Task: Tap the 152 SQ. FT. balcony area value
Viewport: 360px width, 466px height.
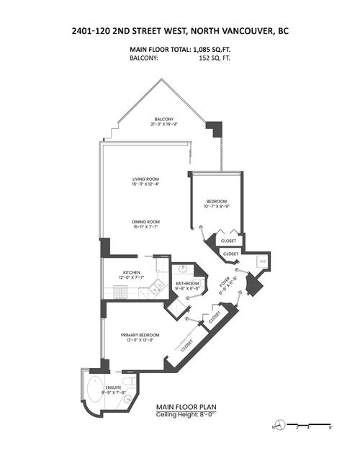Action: coord(208,59)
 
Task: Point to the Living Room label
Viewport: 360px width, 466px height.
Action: coord(145,181)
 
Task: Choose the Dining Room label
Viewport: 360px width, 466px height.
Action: coord(145,224)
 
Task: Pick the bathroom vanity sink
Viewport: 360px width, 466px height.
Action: coord(182,269)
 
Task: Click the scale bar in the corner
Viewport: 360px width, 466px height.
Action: coord(306,424)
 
